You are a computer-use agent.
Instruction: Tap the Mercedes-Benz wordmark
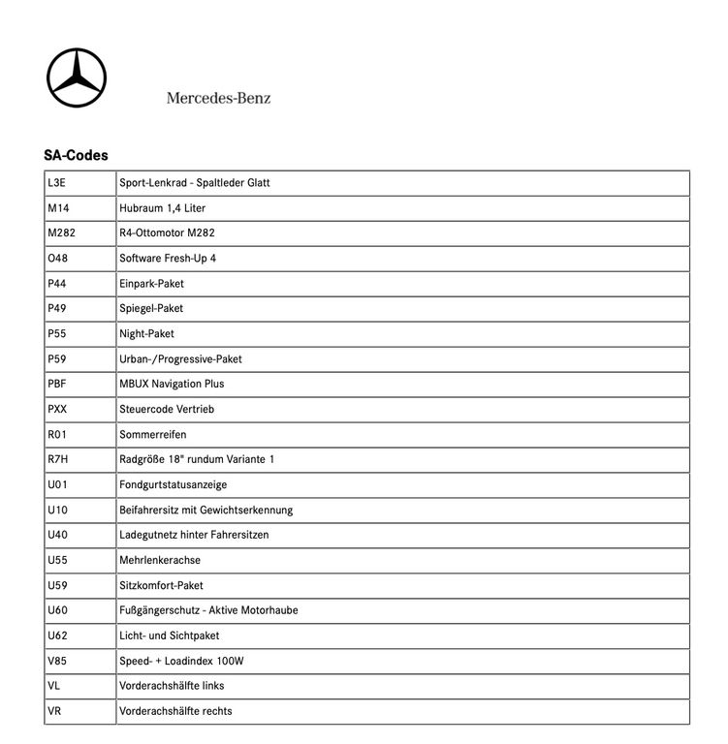218,98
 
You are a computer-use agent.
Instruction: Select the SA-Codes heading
76,155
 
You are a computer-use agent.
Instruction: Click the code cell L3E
57,182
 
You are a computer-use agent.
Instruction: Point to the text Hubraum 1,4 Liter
162,207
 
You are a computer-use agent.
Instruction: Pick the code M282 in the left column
61,232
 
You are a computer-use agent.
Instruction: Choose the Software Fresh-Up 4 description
168,258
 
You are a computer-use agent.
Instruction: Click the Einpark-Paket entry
151,283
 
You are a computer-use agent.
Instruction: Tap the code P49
57,308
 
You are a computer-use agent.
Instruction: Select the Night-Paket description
146,333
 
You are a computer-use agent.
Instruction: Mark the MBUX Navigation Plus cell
172,384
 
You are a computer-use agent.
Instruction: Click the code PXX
57,409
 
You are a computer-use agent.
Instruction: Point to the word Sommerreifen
152,434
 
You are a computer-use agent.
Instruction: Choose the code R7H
57,459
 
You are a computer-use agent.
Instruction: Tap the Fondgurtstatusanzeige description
173,484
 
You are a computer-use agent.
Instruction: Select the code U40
57,535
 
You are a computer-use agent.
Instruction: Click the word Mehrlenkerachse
160,560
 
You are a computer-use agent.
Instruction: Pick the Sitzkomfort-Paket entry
161,585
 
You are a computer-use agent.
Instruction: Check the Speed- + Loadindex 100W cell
180,661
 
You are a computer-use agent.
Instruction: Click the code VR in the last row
54,711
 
